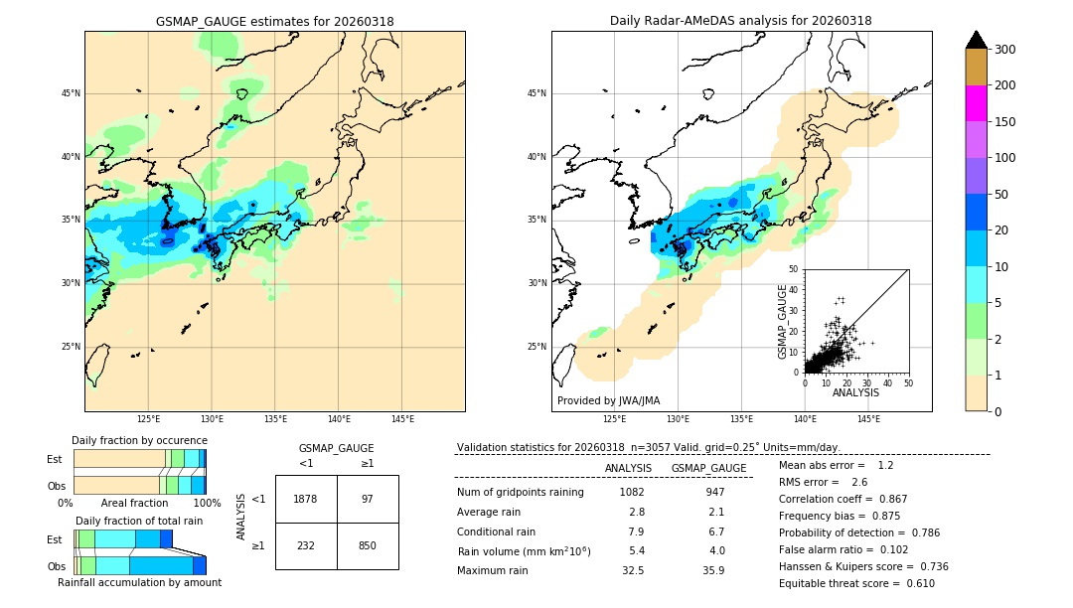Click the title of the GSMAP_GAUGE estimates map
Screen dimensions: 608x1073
(x=274, y=21)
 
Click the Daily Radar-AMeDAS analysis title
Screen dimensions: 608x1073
(x=741, y=21)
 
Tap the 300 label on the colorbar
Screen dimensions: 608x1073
(x=1004, y=50)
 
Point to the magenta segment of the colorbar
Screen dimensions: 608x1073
(x=976, y=103)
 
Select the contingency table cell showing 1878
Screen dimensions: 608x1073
(x=305, y=499)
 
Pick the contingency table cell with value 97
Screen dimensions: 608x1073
(x=368, y=499)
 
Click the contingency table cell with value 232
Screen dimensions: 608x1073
(x=305, y=545)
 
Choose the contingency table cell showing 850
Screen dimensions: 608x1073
(x=368, y=545)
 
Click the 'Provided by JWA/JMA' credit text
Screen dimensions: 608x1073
(x=608, y=401)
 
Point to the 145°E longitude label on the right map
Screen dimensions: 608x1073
(x=868, y=419)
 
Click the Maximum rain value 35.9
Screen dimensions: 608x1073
(x=713, y=570)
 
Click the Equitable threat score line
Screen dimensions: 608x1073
(x=856, y=583)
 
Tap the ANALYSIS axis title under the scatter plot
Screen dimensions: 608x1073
(x=856, y=392)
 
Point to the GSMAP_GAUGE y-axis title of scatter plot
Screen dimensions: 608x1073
(x=783, y=321)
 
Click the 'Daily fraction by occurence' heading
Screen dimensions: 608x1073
(x=139, y=440)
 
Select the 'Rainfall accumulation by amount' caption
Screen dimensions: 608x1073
(x=139, y=582)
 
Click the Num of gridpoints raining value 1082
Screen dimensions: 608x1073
(x=632, y=492)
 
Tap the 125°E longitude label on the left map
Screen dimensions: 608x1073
(x=149, y=419)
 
